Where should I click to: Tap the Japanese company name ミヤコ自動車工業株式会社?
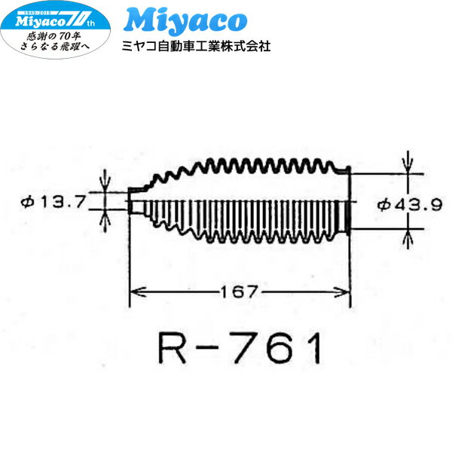coord(196,46)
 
